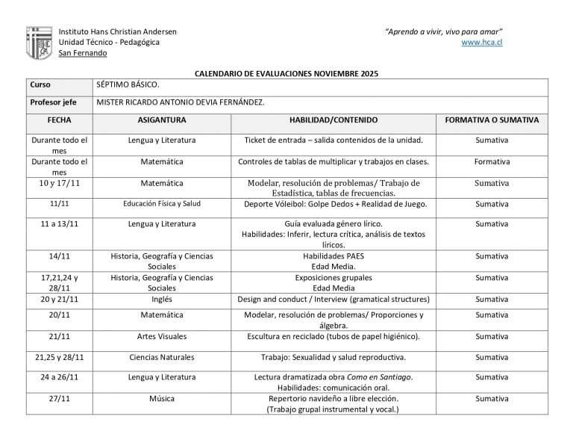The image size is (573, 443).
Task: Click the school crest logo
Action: pos(39,43)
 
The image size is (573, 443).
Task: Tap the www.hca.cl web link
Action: pos(482,43)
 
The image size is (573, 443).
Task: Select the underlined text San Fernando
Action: pos(82,53)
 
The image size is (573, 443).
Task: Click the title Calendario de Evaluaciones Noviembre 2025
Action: pos(286,74)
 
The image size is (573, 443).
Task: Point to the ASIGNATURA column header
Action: pos(162,120)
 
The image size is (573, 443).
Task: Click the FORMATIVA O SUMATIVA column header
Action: pos(492,120)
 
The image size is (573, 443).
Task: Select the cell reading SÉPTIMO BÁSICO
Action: pos(128,85)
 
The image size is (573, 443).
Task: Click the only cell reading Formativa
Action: pos(492,161)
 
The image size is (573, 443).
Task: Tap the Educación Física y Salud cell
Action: pos(162,203)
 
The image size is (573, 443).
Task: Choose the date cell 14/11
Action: pos(60,256)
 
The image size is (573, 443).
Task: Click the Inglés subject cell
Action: pos(162,299)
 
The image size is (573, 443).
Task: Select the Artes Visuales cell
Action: pos(162,336)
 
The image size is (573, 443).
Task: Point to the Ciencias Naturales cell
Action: pos(162,357)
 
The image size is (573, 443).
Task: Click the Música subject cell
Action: pos(162,399)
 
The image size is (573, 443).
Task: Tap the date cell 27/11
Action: pos(60,399)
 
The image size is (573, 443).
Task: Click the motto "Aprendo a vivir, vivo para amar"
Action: pos(444,31)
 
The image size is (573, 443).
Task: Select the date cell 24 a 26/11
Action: pos(60,377)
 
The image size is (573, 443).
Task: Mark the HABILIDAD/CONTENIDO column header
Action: pos(334,120)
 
